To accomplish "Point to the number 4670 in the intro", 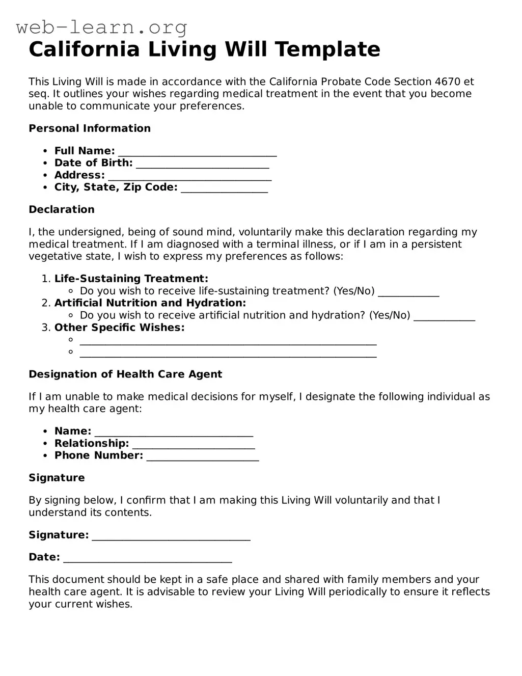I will pos(448,82).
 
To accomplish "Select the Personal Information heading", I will pos(90,128).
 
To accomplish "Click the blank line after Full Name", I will pos(197,152).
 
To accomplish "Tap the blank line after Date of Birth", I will pos(202,165).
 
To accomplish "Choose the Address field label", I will pos(79,175).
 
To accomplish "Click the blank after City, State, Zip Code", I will pos(224,189).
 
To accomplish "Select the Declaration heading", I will pos(62,209).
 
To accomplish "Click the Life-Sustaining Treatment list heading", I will pos(131,279).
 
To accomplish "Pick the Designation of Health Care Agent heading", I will pos(125,374).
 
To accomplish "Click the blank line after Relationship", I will pos(194,445).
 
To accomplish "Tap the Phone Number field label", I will pos(98,455).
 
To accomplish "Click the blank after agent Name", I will pos(174,433).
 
